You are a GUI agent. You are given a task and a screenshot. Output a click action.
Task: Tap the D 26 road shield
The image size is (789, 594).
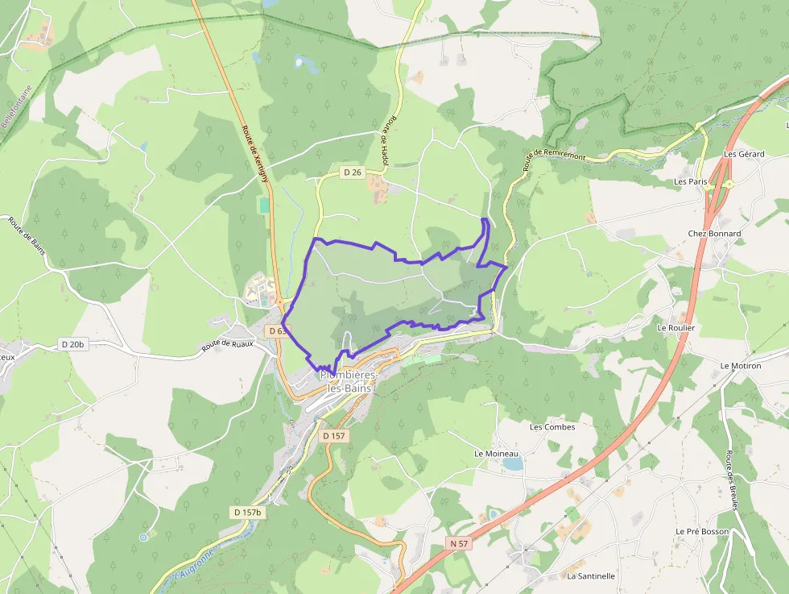pos(353,172)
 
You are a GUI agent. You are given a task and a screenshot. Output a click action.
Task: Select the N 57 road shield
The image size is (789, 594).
pos(459,543)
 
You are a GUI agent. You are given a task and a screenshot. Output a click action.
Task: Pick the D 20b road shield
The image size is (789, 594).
pos(72,344)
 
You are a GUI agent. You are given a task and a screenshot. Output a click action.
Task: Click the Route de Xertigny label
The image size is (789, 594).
pos(254,153)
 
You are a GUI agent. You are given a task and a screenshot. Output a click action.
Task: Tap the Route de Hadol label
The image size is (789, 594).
pos(390,140)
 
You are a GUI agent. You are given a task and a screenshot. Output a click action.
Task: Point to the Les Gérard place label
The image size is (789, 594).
pos(743,154)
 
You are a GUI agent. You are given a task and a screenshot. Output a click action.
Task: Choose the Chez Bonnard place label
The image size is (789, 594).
pos(714,234)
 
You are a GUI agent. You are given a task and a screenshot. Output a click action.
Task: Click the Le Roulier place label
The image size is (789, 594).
pos(675,328)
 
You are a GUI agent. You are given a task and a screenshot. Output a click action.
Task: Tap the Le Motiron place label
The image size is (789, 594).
pos(741,365)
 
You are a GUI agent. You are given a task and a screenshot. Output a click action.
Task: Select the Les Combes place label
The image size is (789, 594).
pos(552,427)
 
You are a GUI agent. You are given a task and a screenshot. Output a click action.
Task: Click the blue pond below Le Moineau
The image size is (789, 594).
pos(510,463)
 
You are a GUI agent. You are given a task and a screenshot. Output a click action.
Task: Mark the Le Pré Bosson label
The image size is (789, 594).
pos(702,532)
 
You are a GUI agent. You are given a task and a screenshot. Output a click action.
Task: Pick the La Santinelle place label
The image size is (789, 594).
pos(591,576)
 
